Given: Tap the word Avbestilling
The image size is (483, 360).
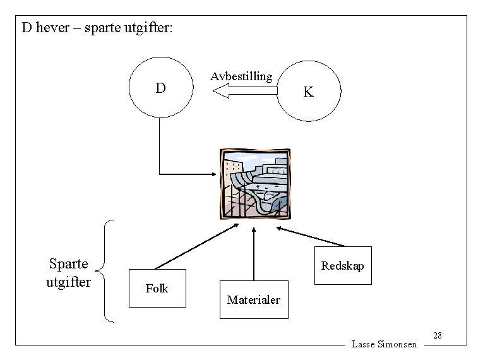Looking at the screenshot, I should pyautogui.click(x=241, y=76).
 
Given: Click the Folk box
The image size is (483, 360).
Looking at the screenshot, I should pyautogui.click(x=157, y=288).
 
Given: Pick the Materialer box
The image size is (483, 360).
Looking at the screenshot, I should pyautogui.click(x=253, y=299).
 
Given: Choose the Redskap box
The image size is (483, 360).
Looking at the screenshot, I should pyautogui.click(x=343, y=265).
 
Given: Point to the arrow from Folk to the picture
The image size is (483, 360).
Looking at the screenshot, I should pyautogui.click(x=196, y=247).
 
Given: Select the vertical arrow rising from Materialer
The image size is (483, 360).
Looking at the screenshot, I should pyautogui.click(x=253, y=253).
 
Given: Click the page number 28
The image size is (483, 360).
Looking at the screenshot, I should pyautogui.click(x=438, y=335).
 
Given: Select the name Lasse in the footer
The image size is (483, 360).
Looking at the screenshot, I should pyautogui.click(x=363, y=344).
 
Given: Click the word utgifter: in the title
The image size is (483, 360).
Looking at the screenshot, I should pyautogui.click(x=144, y=28).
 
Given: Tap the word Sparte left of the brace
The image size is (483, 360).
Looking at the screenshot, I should pyautogui.click(x=68, y=264).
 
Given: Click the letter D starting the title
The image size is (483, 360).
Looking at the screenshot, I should pyautogui.click(x=27, y=28).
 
